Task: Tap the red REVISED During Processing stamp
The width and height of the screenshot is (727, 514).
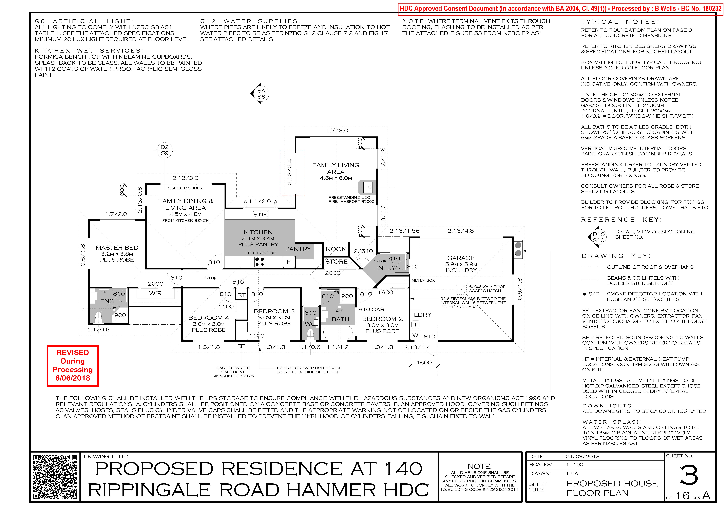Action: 73,366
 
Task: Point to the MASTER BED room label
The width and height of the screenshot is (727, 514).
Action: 117,248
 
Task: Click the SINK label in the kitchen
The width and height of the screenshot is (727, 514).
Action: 260,215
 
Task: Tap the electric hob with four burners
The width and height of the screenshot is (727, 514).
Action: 260,262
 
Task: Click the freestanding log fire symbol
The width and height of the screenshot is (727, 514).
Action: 367,187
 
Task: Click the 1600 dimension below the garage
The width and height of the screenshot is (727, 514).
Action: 424,363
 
